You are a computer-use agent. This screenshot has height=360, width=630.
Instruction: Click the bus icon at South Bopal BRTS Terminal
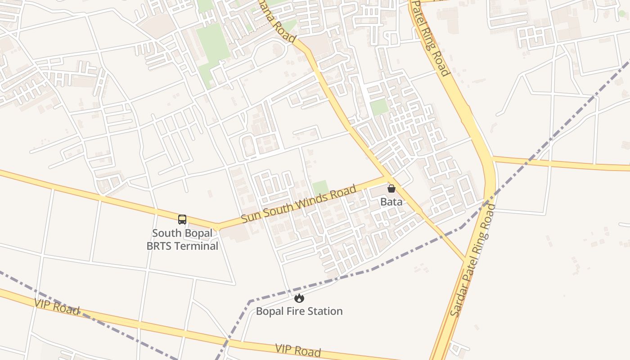pyautogui.click(x=182, y=220)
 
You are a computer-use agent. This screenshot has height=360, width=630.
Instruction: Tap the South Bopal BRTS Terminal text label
pyautogui.click(x=182, y=239)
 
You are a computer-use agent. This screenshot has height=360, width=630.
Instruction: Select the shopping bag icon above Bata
pyautogui.click(x=391, y=189)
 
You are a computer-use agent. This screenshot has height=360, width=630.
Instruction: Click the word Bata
pyautogui.click(x=391, y=202)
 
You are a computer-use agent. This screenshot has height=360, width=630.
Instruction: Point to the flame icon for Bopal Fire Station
pyautogui.click(x=299, y=298)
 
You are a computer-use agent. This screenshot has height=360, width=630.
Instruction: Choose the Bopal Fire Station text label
pyautogui.click(x=299, y=311)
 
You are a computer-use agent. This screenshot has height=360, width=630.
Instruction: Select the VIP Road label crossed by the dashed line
pyautogui.click(x=57, y=307)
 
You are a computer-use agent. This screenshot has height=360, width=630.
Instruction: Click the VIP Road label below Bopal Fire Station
pyautogui.click(x=298, y=350)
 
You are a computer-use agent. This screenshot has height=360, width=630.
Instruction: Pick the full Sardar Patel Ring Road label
pyautogui.click(x=473, y=260)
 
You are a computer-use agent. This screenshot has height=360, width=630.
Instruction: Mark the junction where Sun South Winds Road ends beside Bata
pyautogui.click(x=386, y=177)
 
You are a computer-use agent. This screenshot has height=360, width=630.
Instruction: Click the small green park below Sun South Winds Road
pyautogui.click(x=320, y=187)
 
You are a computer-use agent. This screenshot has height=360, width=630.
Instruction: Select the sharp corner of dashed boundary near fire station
pyautogui.click(x=250, y=301)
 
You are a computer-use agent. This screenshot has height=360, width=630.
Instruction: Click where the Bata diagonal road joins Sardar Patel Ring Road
pyautogui.click(x=464, y=260)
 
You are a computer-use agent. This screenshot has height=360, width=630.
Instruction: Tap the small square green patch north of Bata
pyautogui.click(x=379, y=107)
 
